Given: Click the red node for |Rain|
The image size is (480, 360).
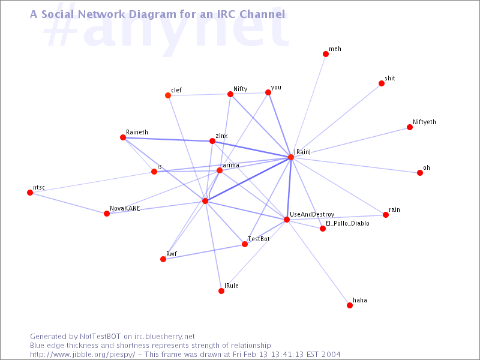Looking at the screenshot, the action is pyautogui.click(x=291, y=157).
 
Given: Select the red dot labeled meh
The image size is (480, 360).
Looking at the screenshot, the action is pyautogui.click(x=326, y=54).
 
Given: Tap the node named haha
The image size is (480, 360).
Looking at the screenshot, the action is pyautogui.click(x=350, y=305).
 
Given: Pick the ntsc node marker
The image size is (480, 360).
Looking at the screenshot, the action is pyautogui.click(x=30, y=192).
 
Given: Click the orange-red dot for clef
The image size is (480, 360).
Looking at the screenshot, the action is pyautogui.click(x=168, y=95).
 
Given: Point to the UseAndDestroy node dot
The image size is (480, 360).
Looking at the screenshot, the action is pyautogui.click(x=287, y=220).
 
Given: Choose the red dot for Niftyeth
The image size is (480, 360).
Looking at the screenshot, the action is pyautogui.click(x=410, y=127).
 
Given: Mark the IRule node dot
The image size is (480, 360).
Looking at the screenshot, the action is pyautogui.click(x=221, y=291).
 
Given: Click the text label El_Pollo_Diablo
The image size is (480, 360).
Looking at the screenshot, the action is pyautogui.click(x=347, y=223).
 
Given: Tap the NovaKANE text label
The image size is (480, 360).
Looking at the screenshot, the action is pyautogui.click(x=125, y=208).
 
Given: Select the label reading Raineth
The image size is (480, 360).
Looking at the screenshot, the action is pyautogui.click(x=137, y=132).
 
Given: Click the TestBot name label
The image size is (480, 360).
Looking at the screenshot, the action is pyautogui.click(x=259, y=239).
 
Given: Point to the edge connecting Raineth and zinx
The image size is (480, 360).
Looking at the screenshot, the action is pyautogui.click(x=167, y=139).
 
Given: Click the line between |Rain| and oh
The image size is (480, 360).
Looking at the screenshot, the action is pyautogui.click(x=355, y=165).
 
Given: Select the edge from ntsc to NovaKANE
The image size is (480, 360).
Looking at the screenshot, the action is pyautogui.click(x=68, y=203).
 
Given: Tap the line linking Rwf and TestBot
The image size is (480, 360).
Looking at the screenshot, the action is pyautogui.click(x=204, y=251).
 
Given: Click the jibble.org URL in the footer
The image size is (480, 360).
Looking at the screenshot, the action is pyautogui.click(x=83, y=355).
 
